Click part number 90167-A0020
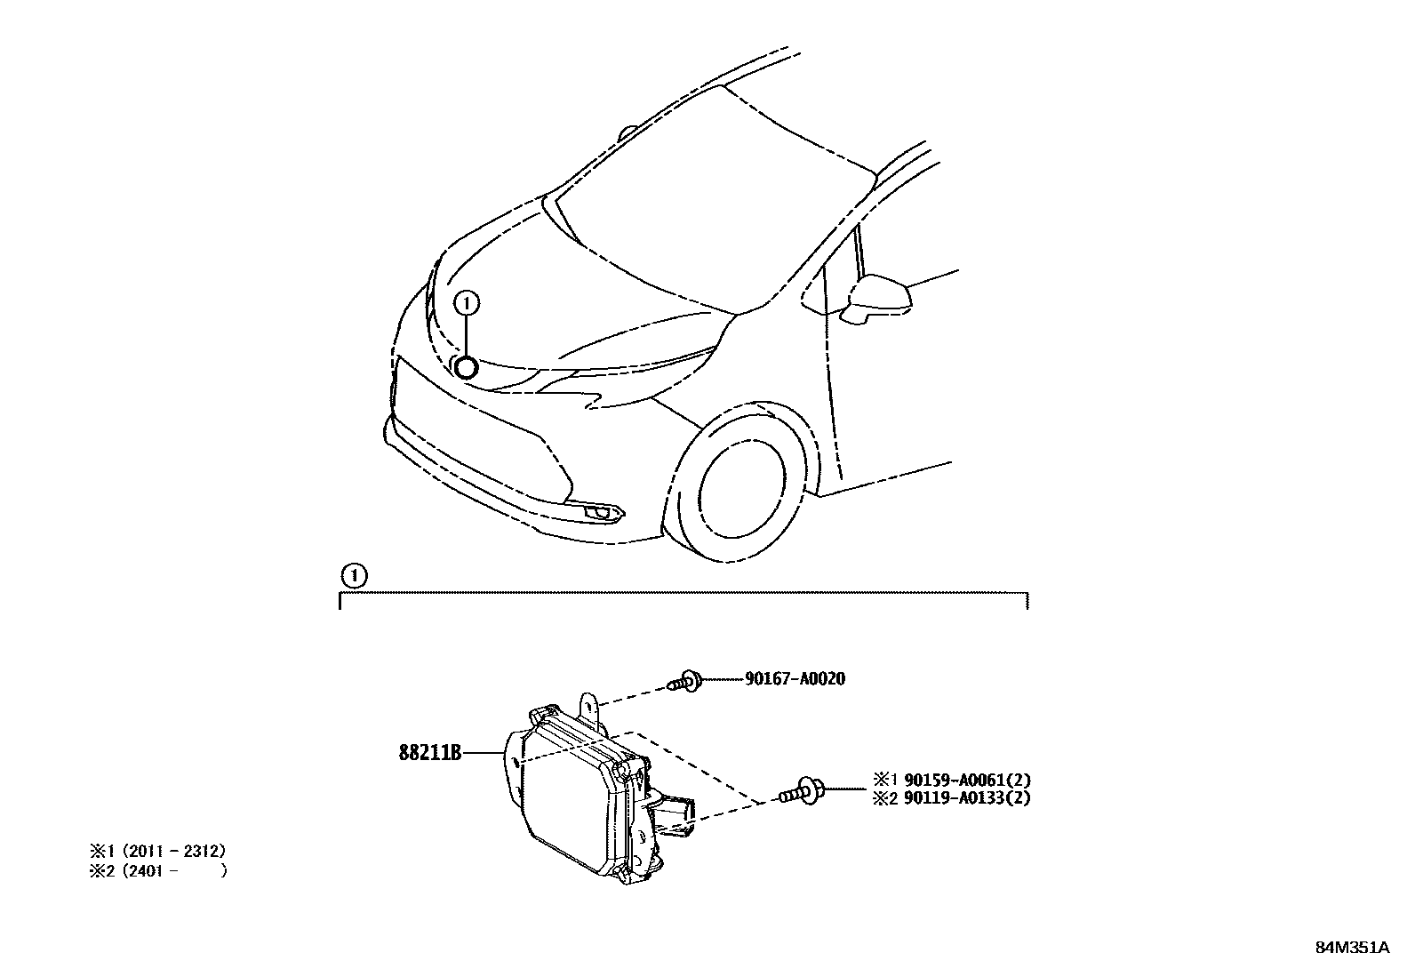(795, 679)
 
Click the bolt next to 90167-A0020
(684, 682)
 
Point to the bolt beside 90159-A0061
(802, 790)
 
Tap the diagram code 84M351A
(1352, 947)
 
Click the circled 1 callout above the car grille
(466, 304)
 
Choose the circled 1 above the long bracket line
(355, 576)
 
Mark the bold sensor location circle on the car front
(466, 365)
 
